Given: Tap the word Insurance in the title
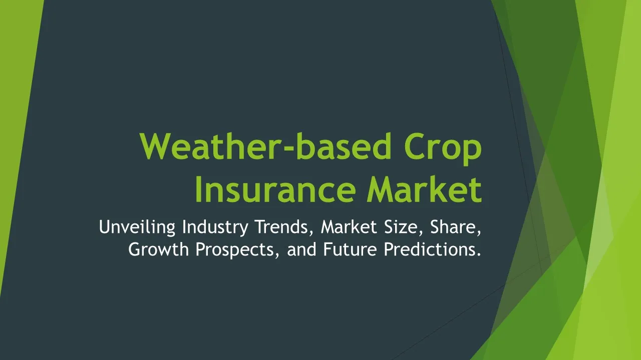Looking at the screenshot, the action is click(275, 189).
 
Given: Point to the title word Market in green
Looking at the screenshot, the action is click(425, 189).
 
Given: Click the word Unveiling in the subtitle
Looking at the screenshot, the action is click(137, 227).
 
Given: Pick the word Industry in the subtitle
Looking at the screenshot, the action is click(215, 227).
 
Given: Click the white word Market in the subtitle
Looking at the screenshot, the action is click(349, 227).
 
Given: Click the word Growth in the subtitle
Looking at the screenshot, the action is click(158, 249).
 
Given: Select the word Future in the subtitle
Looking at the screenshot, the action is click(350, 249).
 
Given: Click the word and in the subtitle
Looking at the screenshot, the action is click(301, 249).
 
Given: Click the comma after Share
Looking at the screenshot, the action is click(479, 233).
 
